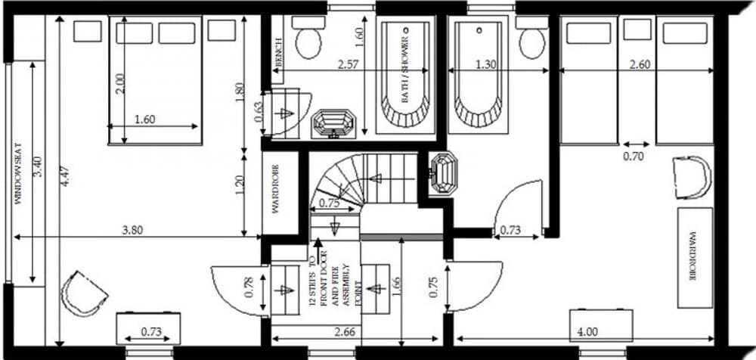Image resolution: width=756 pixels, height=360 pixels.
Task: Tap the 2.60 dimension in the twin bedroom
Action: [640, 65]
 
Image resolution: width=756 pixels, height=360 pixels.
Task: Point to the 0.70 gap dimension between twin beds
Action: [633, 157]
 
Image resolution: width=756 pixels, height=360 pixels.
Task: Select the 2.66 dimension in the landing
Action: [345, 331]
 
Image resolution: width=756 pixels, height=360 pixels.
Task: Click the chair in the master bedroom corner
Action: [83, 292]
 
